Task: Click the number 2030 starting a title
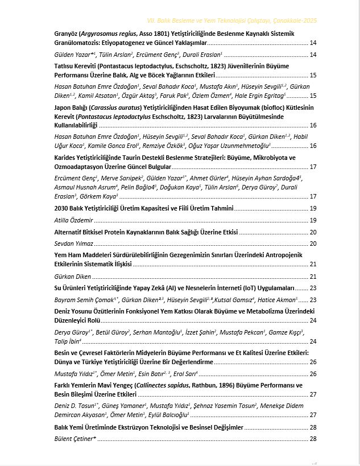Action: point(62,209)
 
